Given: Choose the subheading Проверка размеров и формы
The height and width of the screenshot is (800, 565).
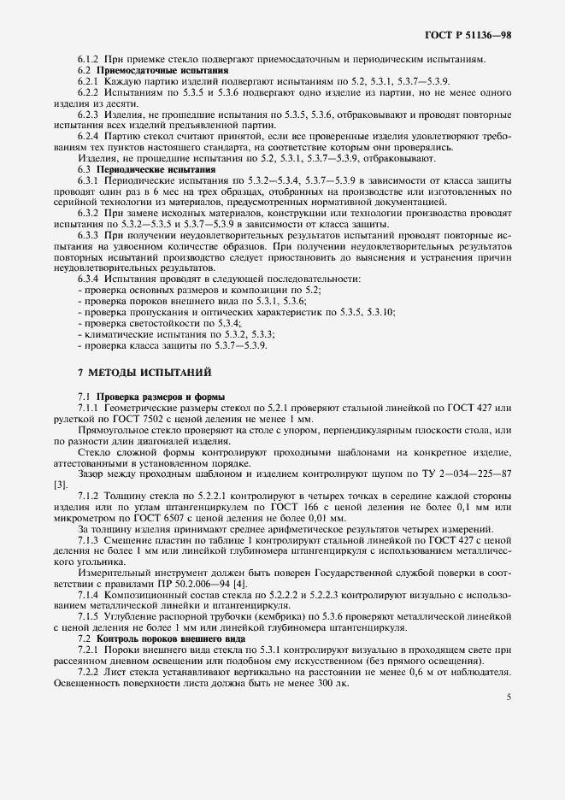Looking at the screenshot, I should pos(149,397).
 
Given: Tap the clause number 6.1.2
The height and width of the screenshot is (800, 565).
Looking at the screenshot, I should pos(90,58).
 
